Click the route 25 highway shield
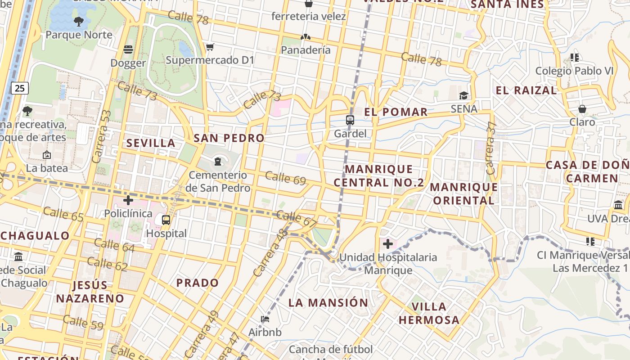pos(19,88)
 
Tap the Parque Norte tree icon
pos(78,21)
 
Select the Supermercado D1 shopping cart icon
pos(210,47)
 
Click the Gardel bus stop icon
pos(350,120)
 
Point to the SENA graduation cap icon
pos(463,95)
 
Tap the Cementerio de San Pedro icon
pos(218,161)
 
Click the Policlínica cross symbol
pos(128,200)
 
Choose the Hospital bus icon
pos(166,220)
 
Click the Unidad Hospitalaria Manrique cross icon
pos(387,244)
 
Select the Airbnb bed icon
pos(265,319)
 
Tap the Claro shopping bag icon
pos(582,109)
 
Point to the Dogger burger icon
pos(128,49)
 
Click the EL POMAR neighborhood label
pos(396,112)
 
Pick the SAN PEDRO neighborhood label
pos(229,138)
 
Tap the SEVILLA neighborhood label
pos(151,143)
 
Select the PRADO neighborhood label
pos(198,283)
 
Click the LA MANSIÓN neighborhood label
pos(328,302)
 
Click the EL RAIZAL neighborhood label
pos(526,90)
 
